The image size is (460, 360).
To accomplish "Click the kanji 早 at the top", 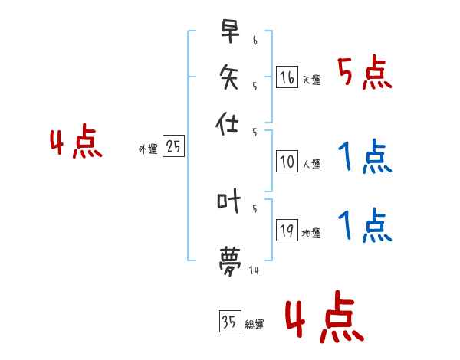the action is (x=229, y=33).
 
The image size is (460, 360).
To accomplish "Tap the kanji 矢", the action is (x=229, y=77).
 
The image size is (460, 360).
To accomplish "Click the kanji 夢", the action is (x=229, y=259).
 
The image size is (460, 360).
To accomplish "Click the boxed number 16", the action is (x=287, y=77).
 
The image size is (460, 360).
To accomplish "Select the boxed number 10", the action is (x=287, y=162).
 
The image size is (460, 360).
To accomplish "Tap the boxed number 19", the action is (x=287, y=231).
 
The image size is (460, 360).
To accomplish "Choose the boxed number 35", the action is (x=229, y=322).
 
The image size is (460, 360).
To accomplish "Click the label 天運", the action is (x=311, y=80).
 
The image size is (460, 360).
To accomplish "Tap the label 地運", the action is (x=311, y=234).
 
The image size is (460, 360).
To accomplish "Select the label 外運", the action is (x=148, y=150).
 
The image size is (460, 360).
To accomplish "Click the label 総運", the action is (x=254, y=325).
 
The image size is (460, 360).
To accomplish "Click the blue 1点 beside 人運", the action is (x=364, y=159).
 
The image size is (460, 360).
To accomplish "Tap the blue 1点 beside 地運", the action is (x=364, y=227).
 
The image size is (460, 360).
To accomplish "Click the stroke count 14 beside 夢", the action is (x=254, y=269).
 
